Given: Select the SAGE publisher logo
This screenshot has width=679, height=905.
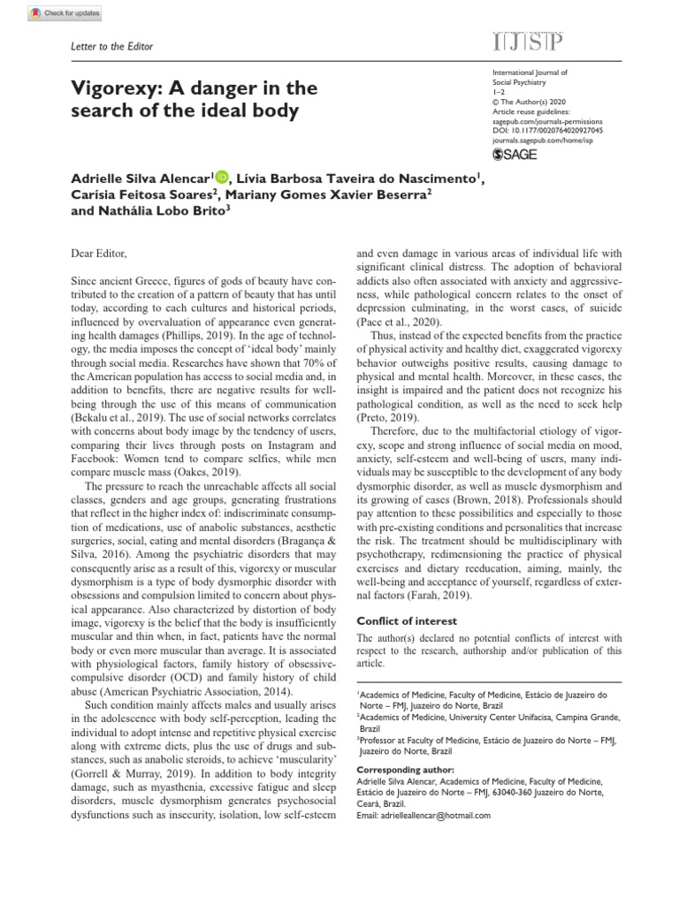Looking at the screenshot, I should point(515,154).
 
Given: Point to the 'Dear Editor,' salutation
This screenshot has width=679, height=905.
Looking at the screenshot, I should point(99,254).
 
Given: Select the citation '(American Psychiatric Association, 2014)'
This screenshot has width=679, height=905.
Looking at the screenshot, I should point(180,691).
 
